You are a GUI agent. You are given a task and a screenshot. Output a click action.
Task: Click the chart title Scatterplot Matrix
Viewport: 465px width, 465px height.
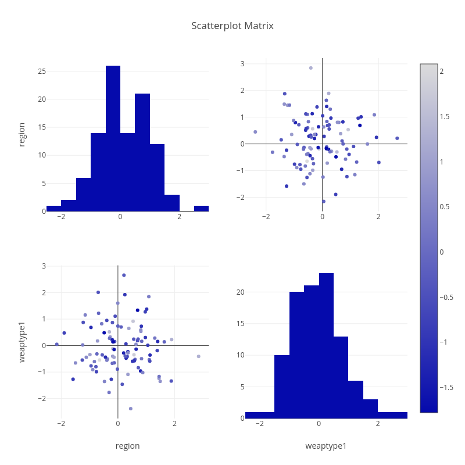coord(233,26)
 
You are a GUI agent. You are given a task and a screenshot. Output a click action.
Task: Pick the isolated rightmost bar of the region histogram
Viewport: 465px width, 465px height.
coord(201,208)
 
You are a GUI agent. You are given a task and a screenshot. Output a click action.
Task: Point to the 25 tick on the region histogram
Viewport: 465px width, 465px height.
coord(42,71)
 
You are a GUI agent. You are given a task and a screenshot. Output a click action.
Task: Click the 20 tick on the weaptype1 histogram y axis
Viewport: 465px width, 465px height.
coord(240,292)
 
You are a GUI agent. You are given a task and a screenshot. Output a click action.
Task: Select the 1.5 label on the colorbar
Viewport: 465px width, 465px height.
coord(445,117)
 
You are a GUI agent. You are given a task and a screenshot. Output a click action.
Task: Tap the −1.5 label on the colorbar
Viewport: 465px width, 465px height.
coord(446,387)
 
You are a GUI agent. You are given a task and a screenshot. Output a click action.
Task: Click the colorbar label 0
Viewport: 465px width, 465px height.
coord(442,252)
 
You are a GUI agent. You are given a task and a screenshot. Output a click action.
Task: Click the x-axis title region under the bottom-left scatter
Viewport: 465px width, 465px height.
coord(127,446)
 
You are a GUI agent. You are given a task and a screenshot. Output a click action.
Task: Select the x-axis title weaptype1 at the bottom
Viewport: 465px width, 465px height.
coord(326,446)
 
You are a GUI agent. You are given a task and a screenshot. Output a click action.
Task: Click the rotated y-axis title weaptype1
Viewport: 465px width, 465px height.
coord(22,342)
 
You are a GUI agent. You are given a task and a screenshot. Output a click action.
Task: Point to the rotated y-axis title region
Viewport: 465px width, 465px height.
coord(22,134)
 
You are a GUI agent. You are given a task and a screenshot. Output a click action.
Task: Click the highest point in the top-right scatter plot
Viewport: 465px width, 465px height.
coord(311,68)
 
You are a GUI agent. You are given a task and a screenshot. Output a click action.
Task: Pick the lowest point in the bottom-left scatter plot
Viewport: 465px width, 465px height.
coord(131,409)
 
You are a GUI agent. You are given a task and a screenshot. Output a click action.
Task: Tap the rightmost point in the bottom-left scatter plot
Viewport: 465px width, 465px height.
coord(198,356)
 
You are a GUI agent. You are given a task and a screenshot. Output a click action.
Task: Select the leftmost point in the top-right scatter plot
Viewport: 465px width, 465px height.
coord(255,132)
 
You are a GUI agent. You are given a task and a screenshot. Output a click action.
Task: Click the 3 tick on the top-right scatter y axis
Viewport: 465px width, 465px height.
coord(243,64)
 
